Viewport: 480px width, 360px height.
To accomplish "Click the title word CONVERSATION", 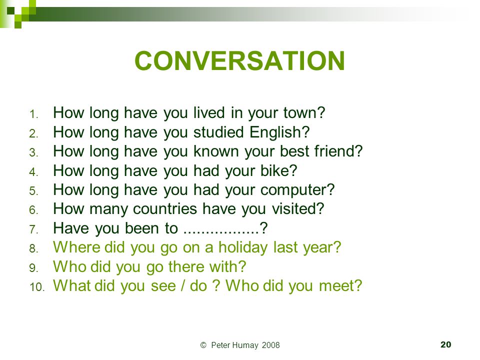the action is click(x=239, y=60).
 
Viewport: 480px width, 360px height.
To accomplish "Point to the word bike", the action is click(x=275, y=170).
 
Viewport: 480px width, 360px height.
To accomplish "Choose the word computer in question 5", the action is click(x=294, y=190).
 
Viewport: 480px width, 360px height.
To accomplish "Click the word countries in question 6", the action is click(x=165, y=209).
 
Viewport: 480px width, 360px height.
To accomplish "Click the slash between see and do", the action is click(x=183, y=286).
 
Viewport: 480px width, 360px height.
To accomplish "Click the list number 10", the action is click(x=37, y=287).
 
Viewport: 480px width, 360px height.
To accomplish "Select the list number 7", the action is click(x=33, y=229).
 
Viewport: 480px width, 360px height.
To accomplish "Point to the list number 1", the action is click(x=33, y=114).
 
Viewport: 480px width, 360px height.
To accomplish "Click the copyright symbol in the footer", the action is click(x=203, y=345).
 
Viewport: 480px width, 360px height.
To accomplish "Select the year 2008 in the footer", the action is click(x=271, y=345).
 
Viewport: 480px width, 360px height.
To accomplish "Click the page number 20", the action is click(x=445, y=344).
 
